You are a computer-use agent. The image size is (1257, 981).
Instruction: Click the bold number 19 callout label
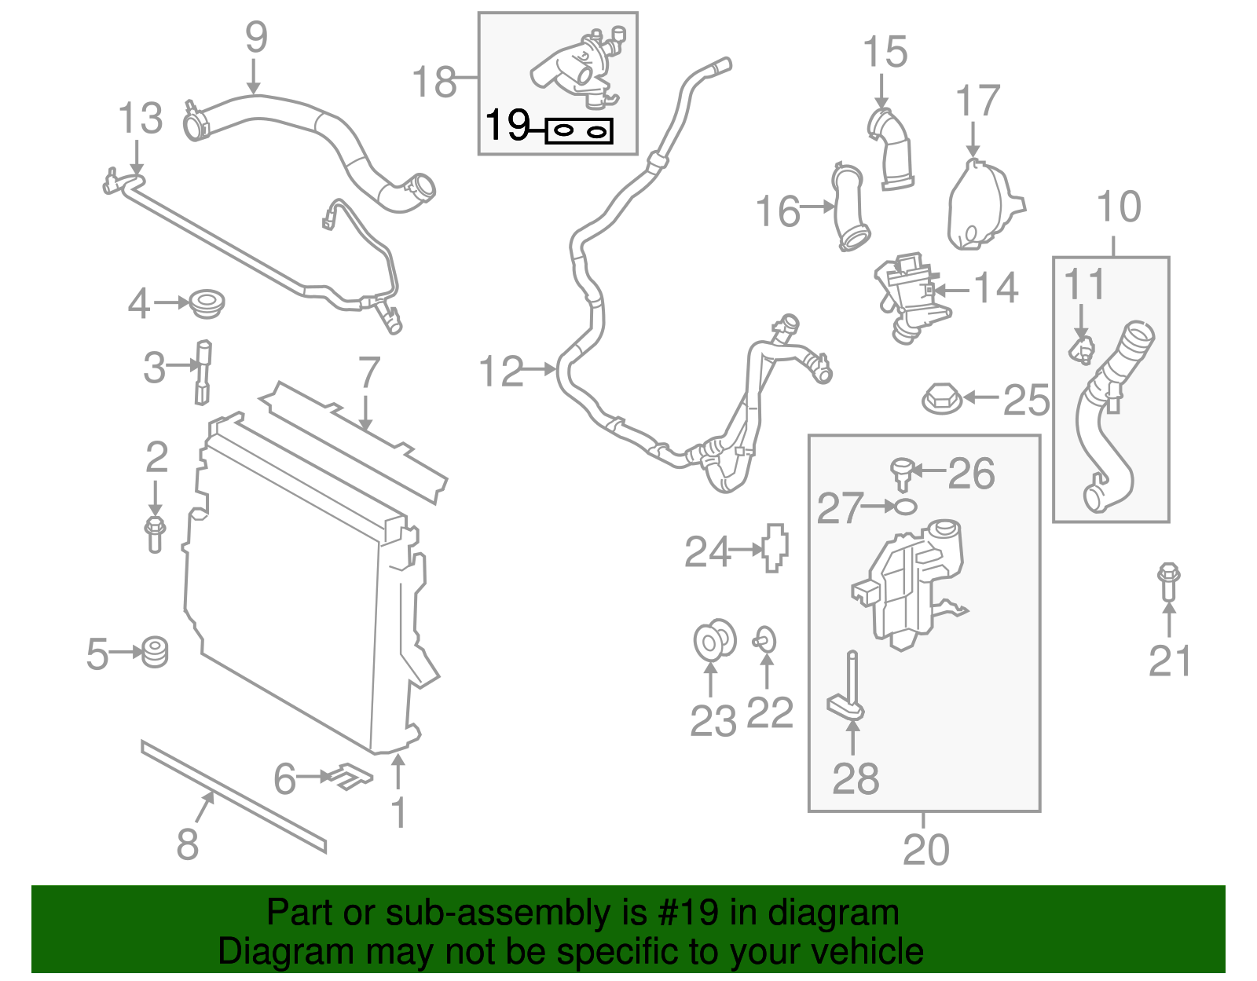508,125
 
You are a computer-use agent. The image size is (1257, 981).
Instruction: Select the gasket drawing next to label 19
579,131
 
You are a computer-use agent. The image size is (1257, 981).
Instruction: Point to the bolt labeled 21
1169,582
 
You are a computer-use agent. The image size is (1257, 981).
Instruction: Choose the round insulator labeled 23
714,640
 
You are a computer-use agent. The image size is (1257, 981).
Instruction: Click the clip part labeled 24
775,547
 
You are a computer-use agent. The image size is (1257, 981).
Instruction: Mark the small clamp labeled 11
1082,349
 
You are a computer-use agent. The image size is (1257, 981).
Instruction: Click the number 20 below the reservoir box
925,850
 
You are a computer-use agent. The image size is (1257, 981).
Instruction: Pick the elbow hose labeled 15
892,149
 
